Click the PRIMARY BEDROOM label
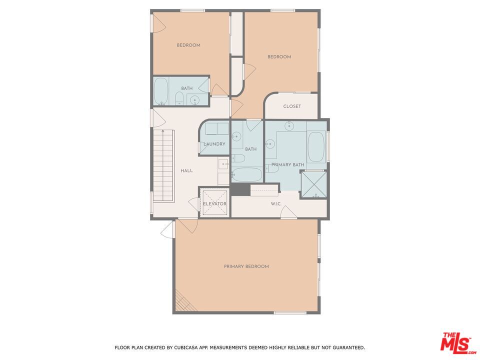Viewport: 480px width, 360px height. point(246,266)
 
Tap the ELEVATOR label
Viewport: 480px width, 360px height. point(214,203)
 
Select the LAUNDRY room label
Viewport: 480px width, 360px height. point(214,144)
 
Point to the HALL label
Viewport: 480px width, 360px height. point(186,171)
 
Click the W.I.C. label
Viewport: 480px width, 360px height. point(276,203)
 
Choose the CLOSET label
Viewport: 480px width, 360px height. point(292,106)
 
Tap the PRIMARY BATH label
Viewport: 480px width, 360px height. point(288,164)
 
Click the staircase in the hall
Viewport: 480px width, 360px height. point(163,165)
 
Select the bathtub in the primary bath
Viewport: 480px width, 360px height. point(316,146)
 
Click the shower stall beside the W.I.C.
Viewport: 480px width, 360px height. point(314,184)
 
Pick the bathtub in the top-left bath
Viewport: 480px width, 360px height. point(160,91)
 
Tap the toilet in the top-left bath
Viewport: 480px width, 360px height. point(179,98)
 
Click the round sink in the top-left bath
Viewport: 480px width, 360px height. point(194,99)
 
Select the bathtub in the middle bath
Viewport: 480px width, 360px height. point(246,175)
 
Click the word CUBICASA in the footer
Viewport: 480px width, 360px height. point(186,348)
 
